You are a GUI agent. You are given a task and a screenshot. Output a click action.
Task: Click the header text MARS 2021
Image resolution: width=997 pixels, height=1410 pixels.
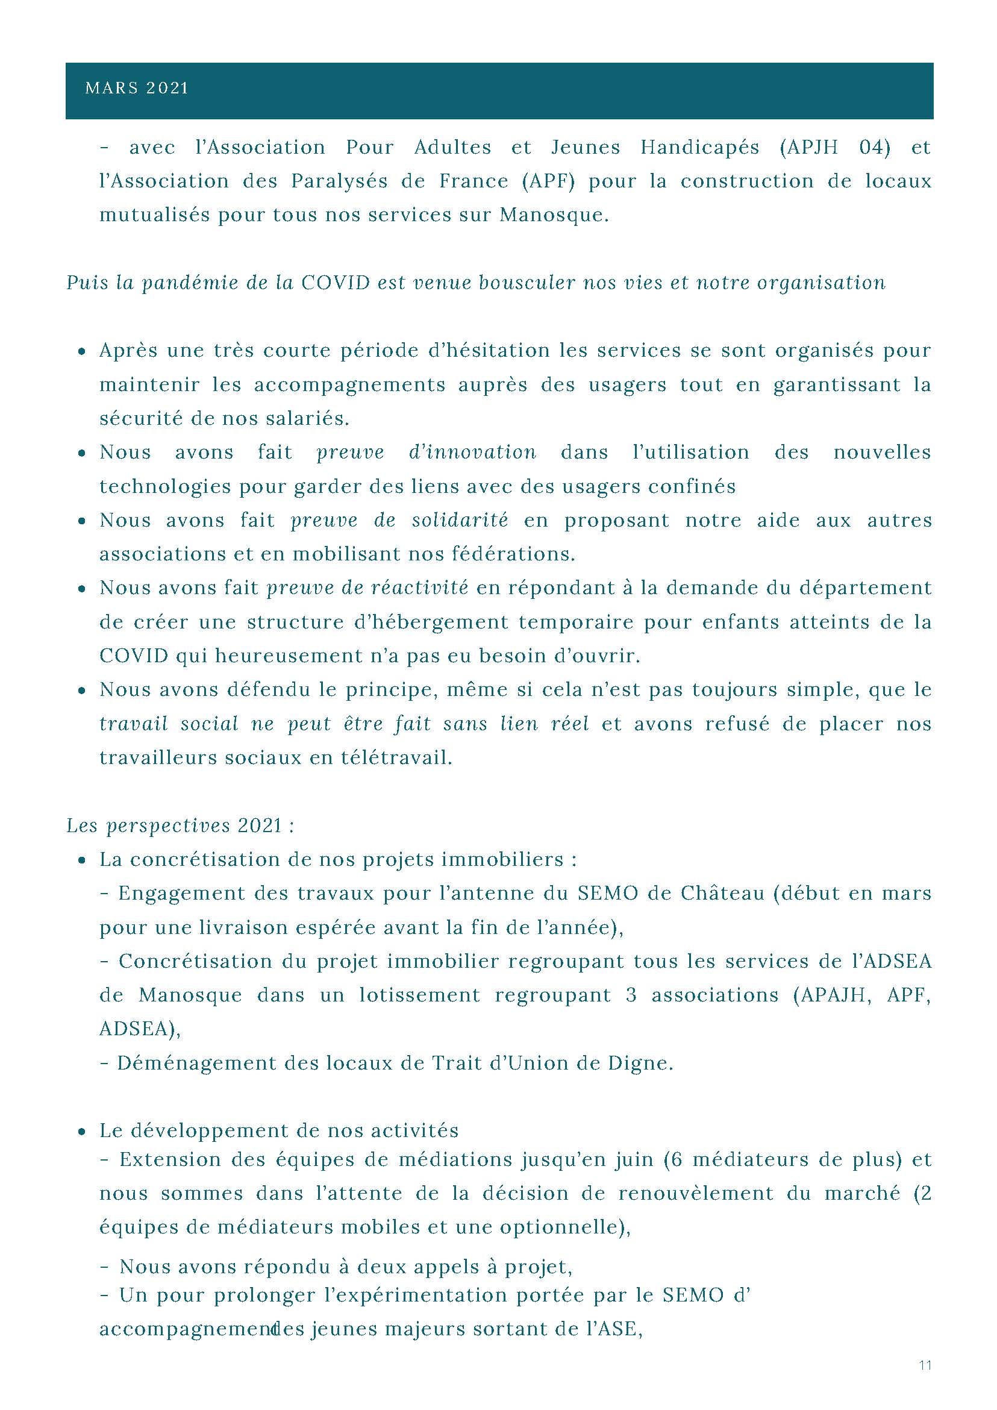pos(136,89)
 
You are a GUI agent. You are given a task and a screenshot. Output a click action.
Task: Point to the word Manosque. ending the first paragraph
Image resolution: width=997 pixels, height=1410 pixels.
pos(554,216)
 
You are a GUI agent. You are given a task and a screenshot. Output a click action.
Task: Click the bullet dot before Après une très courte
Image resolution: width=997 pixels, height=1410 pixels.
pos(82,352)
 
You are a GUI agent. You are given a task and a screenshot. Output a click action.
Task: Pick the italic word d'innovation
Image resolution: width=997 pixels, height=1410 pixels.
pos(472,453)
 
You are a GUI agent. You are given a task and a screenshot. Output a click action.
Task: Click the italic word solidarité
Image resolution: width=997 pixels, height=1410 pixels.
pos(460,520)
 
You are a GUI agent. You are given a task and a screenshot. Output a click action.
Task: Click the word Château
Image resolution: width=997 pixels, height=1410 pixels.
pos(722,894)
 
